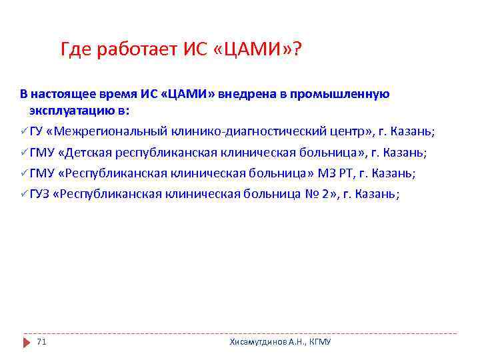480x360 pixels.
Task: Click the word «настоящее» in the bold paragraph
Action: click(x=59, y=95)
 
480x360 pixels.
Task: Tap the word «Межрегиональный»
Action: click(x=107, y=131)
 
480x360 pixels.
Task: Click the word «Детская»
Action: click(x=85, y=152)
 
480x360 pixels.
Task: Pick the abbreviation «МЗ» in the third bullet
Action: click(x=327, y=173)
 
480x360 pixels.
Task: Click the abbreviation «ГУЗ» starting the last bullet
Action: click(x=39, y=194)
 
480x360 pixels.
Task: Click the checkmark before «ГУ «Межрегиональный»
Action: click(x=23, y=131)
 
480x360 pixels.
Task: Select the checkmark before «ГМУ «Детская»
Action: click(x=23, y=152)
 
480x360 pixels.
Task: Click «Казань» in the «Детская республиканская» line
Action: click(x=403, y=152)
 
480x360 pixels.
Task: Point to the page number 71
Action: click(x=41, y=341)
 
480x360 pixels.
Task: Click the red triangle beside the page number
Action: click(x=26, y=341)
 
